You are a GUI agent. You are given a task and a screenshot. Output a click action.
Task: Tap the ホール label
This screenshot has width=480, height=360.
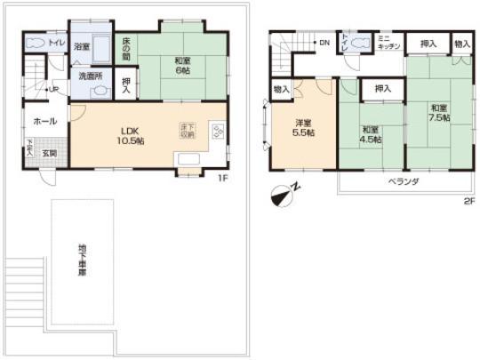click(45, 121)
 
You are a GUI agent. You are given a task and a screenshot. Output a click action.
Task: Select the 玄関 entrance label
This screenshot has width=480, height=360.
click(52, 153)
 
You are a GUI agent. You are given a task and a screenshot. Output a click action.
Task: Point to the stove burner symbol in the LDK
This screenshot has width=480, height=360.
click(218, 131)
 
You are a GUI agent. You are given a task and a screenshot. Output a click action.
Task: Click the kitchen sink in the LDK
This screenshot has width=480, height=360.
click(190, 161)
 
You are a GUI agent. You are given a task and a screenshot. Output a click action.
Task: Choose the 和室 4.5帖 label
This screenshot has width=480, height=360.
click(370, 134)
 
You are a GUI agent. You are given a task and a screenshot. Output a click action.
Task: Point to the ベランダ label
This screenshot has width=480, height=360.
click(404, 180)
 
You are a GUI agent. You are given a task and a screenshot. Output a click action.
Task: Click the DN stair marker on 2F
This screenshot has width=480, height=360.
click(324, 41)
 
